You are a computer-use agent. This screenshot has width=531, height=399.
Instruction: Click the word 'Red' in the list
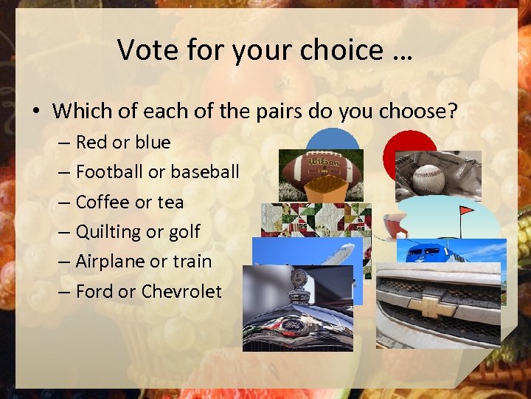[x=92, y=142]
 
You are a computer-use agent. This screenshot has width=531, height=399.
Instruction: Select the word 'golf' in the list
[x=184, y=231]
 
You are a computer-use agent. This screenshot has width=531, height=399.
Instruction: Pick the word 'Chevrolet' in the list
[x=181, y=291]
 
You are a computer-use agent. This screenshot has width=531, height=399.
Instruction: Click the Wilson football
[x=321, y=171]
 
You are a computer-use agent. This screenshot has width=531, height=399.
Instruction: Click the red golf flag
[x=466, y=211]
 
